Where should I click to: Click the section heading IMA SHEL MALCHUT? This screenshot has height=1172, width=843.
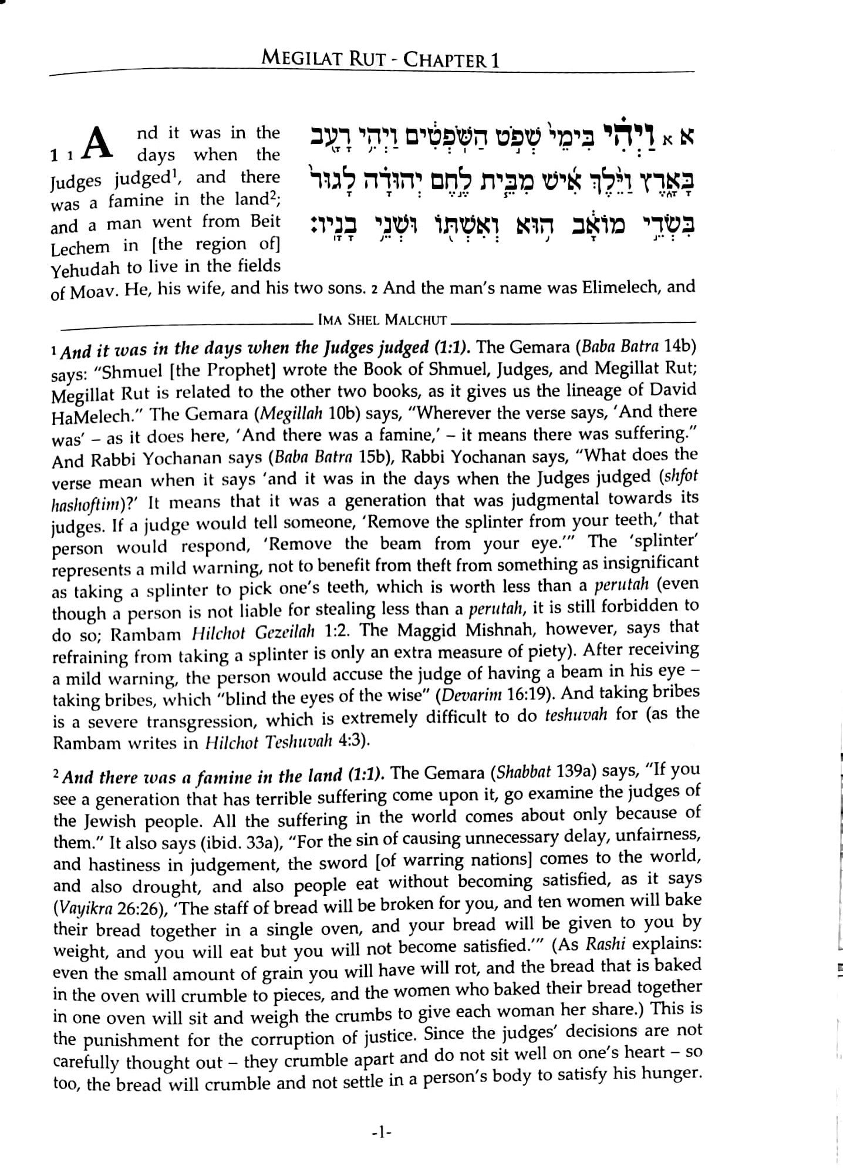[382, 321]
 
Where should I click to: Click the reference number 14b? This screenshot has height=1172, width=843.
[679, 346]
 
